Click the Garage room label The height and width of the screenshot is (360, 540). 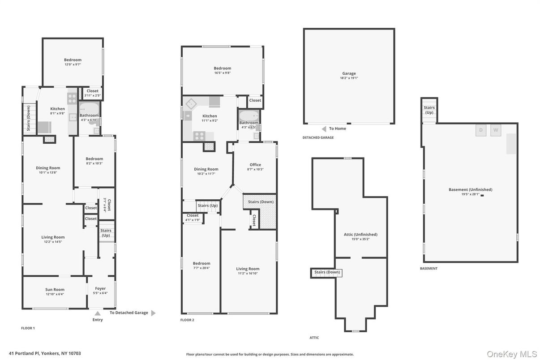349,73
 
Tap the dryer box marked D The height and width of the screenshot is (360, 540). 481,130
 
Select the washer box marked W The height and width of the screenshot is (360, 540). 496,130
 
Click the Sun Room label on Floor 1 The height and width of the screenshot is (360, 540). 55,289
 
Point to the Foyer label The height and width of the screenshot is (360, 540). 100,288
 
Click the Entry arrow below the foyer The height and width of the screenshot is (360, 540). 98,313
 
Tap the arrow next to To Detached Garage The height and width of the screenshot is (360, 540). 153,313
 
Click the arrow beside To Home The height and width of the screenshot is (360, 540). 324,129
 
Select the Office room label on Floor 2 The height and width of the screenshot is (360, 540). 255,165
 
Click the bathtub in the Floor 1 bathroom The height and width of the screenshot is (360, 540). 89,108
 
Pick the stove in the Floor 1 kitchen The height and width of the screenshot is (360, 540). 72,98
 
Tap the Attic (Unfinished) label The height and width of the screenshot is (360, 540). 360,234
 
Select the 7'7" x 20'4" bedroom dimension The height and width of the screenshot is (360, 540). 201,268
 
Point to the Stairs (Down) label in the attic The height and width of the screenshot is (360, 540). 327,272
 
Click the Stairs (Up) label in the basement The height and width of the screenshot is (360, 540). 429,110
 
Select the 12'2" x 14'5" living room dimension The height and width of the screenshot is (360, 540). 53,242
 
